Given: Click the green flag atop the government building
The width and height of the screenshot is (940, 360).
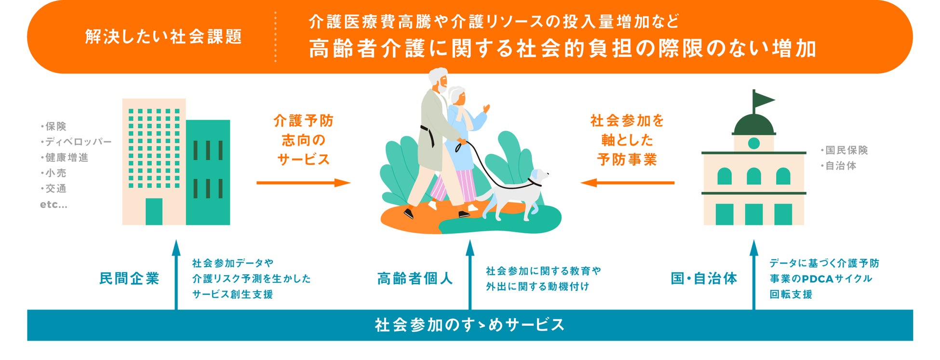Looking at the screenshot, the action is [x=763, y=100].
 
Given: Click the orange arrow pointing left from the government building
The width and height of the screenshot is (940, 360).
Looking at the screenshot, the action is [x=627, y=183].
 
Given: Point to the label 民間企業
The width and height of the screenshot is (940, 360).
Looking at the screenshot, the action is [x=129, y=279].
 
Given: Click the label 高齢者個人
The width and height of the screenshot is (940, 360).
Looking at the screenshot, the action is [x=415, y=279].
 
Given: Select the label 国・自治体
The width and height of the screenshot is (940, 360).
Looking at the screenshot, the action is [x=704, y=279].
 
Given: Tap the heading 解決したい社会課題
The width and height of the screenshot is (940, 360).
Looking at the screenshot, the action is [x=163, y=37].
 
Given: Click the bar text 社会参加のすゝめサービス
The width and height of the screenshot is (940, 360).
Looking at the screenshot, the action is [x=470, y=325].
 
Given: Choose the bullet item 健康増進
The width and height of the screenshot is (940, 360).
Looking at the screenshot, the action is [x=67, y=158].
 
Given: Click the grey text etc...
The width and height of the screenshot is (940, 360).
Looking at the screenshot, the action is [x=54, y=204].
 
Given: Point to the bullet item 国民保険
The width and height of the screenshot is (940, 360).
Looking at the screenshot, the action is [x=846, y=150].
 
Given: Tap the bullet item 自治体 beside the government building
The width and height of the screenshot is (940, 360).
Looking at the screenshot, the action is [x=841, y=166].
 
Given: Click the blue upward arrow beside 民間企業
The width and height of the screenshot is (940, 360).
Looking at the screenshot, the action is [x=176, y=275].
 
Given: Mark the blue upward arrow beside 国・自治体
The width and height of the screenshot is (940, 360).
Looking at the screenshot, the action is [x=754, y=275].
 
